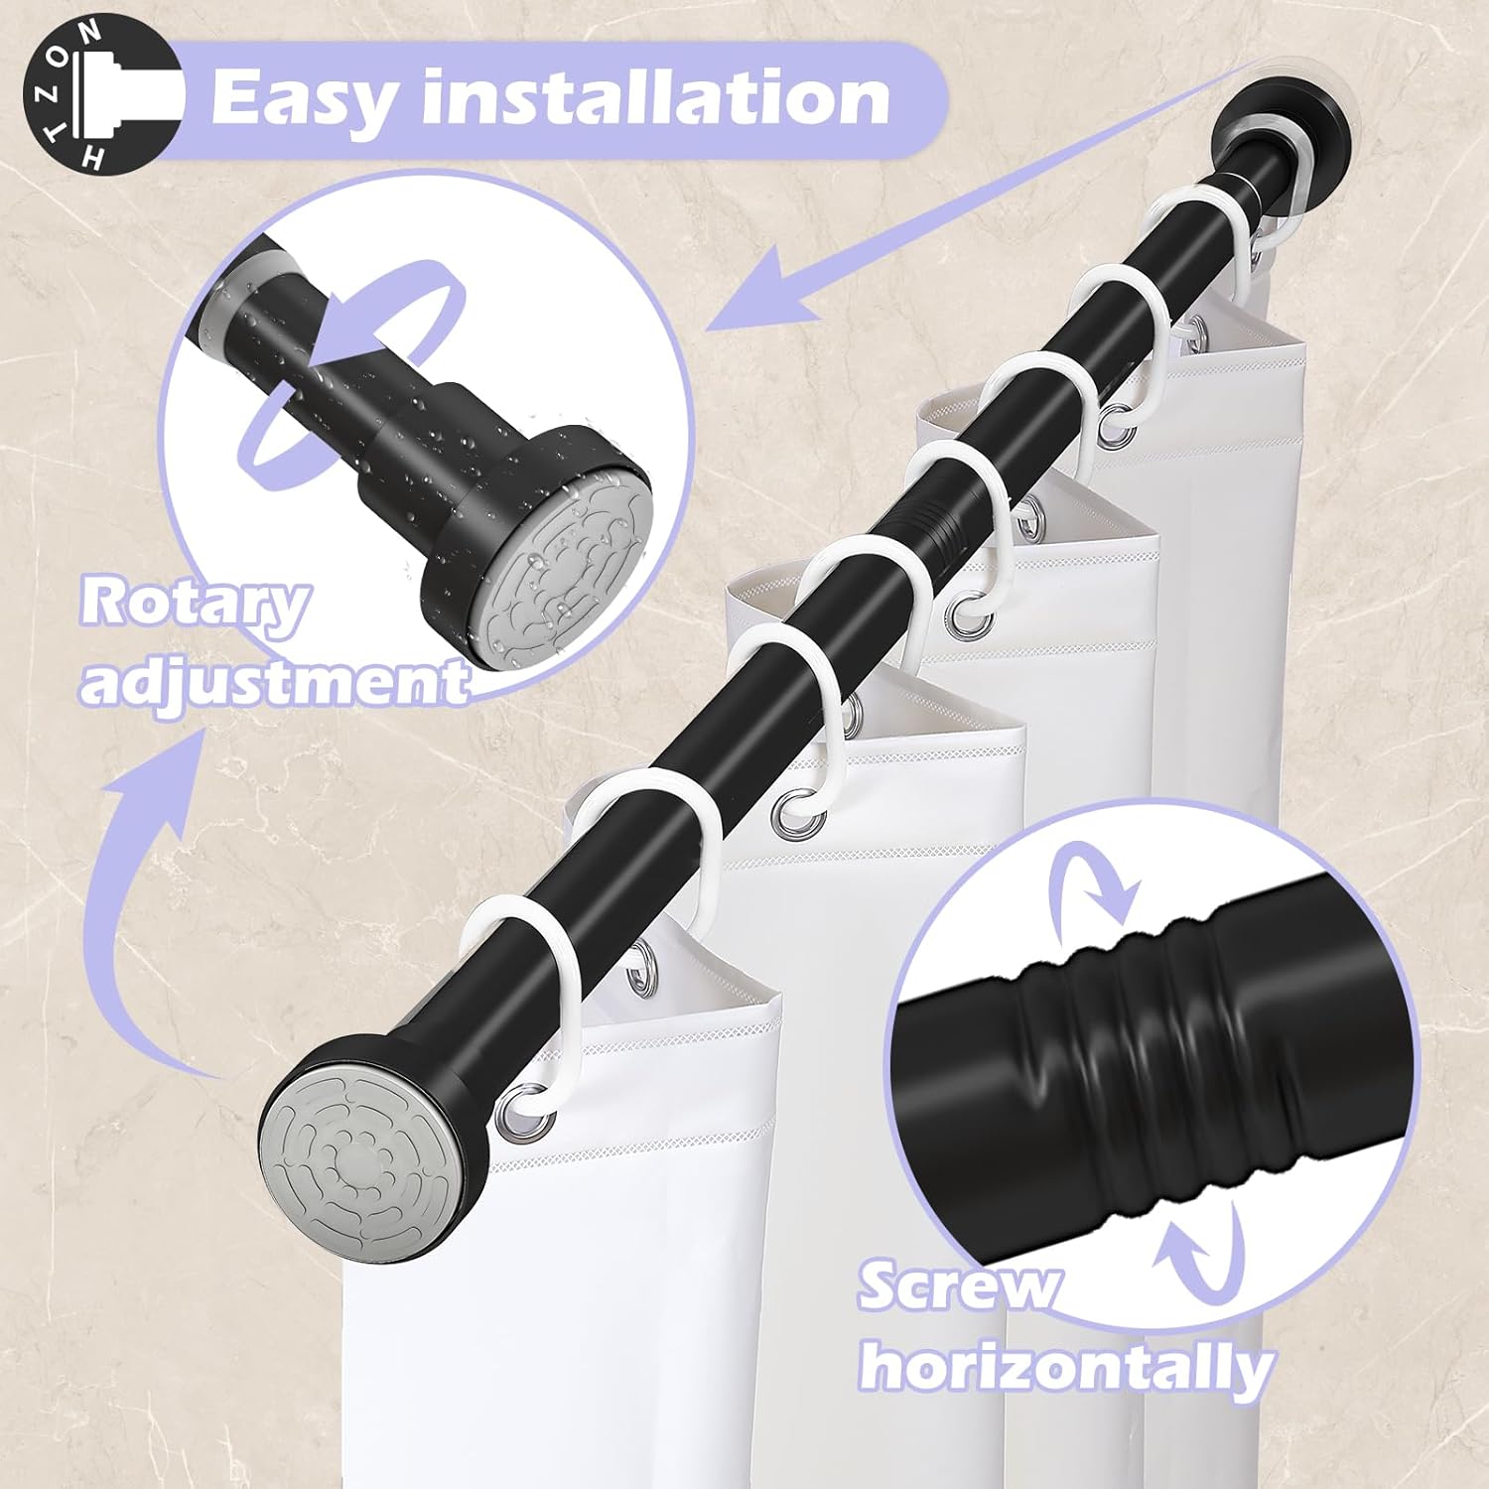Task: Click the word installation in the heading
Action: click(655, 97)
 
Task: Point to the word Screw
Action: click(959, 1288)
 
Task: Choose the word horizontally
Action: click(1066, 1368)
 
